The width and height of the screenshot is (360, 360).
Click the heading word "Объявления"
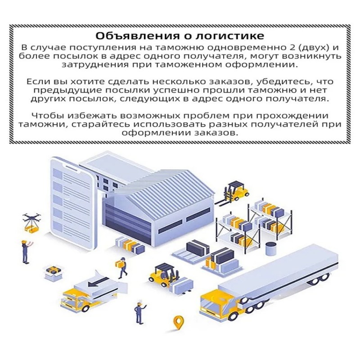pos(136,36)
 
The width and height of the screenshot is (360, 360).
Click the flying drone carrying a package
pos(32,223)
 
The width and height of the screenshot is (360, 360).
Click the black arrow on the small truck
pos(98,282)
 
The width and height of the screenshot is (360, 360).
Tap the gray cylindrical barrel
pos(271,249)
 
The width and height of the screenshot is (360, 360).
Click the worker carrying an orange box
pos(121,267)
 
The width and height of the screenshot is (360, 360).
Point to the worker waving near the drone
pos(26,252)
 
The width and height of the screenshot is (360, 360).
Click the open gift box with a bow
pos(54,273)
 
